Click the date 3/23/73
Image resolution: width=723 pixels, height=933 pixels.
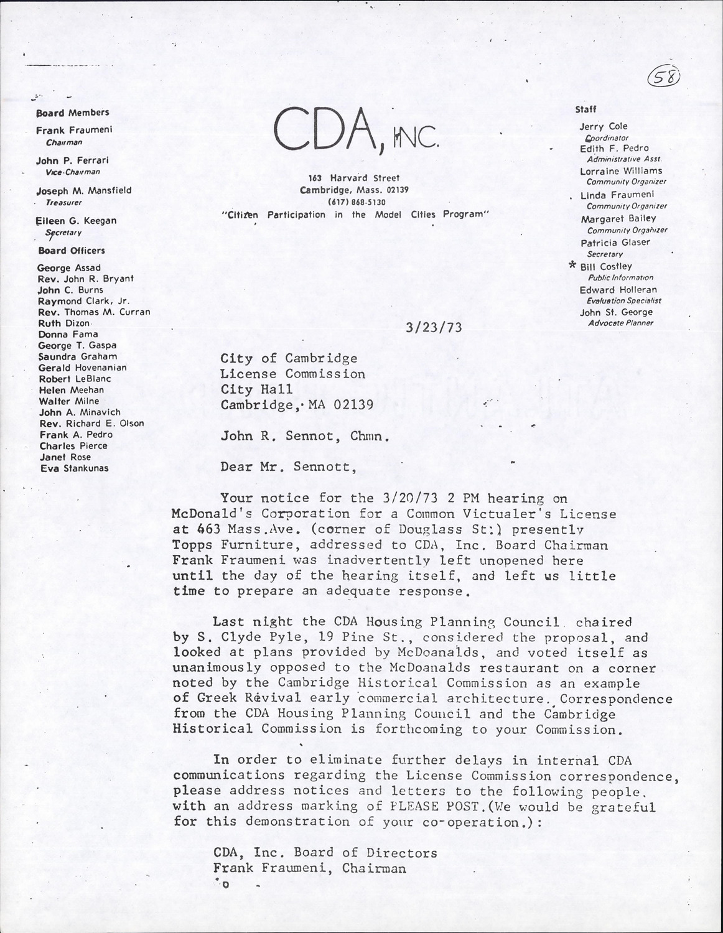433,327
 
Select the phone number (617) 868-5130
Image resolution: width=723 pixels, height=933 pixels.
357,202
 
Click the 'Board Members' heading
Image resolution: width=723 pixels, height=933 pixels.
73,113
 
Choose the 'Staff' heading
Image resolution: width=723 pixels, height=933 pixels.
585,109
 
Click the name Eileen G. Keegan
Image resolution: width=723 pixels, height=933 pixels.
77,221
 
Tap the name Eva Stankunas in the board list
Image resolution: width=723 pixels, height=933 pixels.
74,468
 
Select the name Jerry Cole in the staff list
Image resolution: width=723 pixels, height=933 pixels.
604,126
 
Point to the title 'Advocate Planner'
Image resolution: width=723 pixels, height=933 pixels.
621,323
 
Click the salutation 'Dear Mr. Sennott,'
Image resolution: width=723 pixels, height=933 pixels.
289,467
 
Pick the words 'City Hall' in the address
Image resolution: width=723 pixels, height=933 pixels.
248,389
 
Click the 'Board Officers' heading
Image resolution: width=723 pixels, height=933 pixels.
72,251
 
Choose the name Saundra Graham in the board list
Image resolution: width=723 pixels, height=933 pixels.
78,356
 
